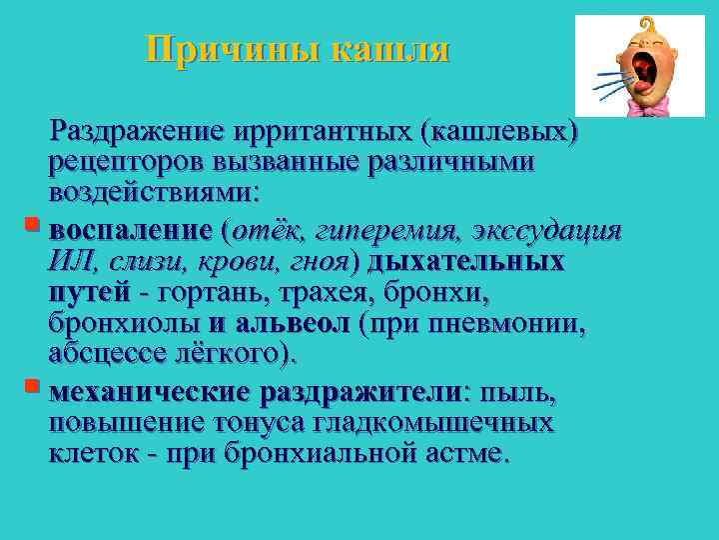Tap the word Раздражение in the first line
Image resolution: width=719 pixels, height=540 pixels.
[139, 130]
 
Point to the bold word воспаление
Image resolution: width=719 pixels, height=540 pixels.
[131, 232]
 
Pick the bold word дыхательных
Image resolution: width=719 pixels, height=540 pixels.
[465, 262]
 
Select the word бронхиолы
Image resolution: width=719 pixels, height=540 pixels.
[125, 324]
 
